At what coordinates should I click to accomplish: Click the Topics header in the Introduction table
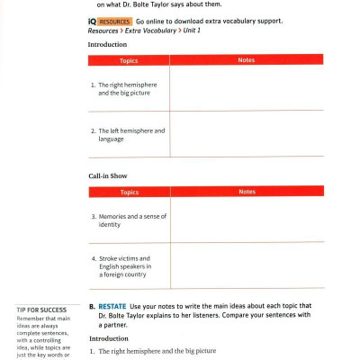pos(129,60)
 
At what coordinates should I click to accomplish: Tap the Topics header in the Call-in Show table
pos(129,192)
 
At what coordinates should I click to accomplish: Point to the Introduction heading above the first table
pos(108,44)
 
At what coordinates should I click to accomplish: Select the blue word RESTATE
pos(112,306)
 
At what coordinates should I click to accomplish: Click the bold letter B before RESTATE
pos(92,306)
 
